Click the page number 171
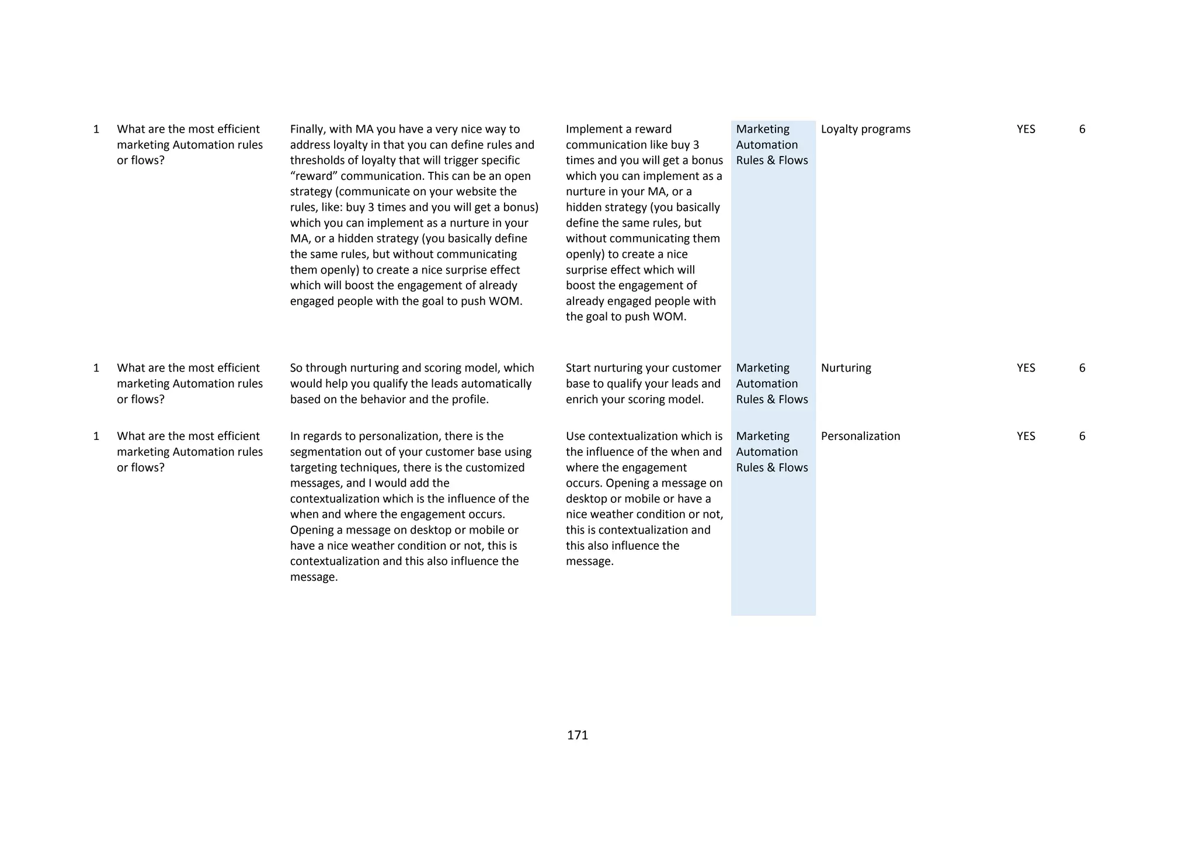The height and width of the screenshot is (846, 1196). (577, 735)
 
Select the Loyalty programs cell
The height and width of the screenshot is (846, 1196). (865, 129)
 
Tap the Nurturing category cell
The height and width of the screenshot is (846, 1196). (846, 368)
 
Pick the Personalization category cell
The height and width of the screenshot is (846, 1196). (860, 436)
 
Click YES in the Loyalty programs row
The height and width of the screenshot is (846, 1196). (1025, 129)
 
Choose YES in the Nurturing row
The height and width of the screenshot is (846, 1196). (1025, 368)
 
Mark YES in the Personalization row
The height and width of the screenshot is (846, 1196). (1025, 436)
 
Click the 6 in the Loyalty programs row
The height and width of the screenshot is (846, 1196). (1082, 129)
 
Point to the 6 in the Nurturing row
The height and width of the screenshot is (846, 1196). (1082, 368)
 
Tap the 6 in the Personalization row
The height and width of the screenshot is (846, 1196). (1082, 436)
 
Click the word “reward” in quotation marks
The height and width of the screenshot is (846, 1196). (312, 176)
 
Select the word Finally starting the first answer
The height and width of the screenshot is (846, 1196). (308, 129)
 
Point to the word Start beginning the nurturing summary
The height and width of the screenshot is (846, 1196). (578, 368)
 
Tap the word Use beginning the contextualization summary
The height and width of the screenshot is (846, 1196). (575, 436)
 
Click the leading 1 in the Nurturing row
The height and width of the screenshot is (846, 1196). (96, 368)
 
